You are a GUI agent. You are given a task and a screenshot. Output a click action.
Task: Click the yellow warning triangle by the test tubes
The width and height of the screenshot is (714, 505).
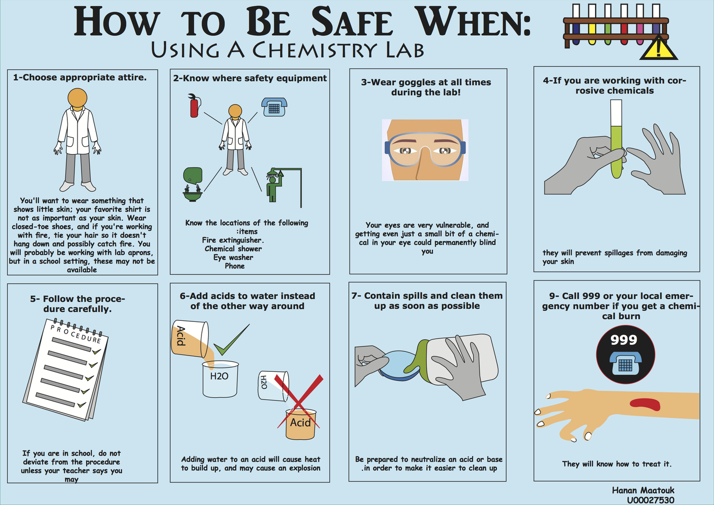pos(658,49)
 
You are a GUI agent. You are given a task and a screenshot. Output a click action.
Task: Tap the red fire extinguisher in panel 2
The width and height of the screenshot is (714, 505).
pos(194,106)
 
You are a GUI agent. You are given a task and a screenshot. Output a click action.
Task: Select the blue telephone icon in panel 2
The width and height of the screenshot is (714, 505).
pos(274,107)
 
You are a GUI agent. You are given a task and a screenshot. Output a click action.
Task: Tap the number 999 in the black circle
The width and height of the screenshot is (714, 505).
pos(624,340)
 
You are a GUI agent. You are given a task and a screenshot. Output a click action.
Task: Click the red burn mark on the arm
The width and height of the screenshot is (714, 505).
pos(645,404)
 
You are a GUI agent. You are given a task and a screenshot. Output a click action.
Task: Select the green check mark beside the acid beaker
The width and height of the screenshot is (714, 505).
pos(230,341)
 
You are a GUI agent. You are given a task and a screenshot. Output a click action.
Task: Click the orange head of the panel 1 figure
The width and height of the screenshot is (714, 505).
pos(77,97)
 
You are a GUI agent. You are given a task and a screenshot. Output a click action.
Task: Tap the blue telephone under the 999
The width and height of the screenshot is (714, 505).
pos(625,363)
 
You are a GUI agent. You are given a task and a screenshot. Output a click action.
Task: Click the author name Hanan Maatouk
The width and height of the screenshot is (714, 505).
pos(643,490)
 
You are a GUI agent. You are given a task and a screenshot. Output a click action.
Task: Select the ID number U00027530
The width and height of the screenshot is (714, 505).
pos(650,500)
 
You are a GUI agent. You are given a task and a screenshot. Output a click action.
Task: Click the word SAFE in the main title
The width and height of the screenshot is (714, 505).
pos(351,22)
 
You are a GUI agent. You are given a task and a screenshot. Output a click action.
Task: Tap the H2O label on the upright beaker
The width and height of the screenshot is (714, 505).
pos(219,376)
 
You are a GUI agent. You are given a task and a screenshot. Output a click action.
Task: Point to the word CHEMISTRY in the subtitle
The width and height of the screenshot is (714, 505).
pos(315,50)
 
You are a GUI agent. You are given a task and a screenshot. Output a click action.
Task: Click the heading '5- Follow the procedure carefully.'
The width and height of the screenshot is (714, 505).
pos(78,304)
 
